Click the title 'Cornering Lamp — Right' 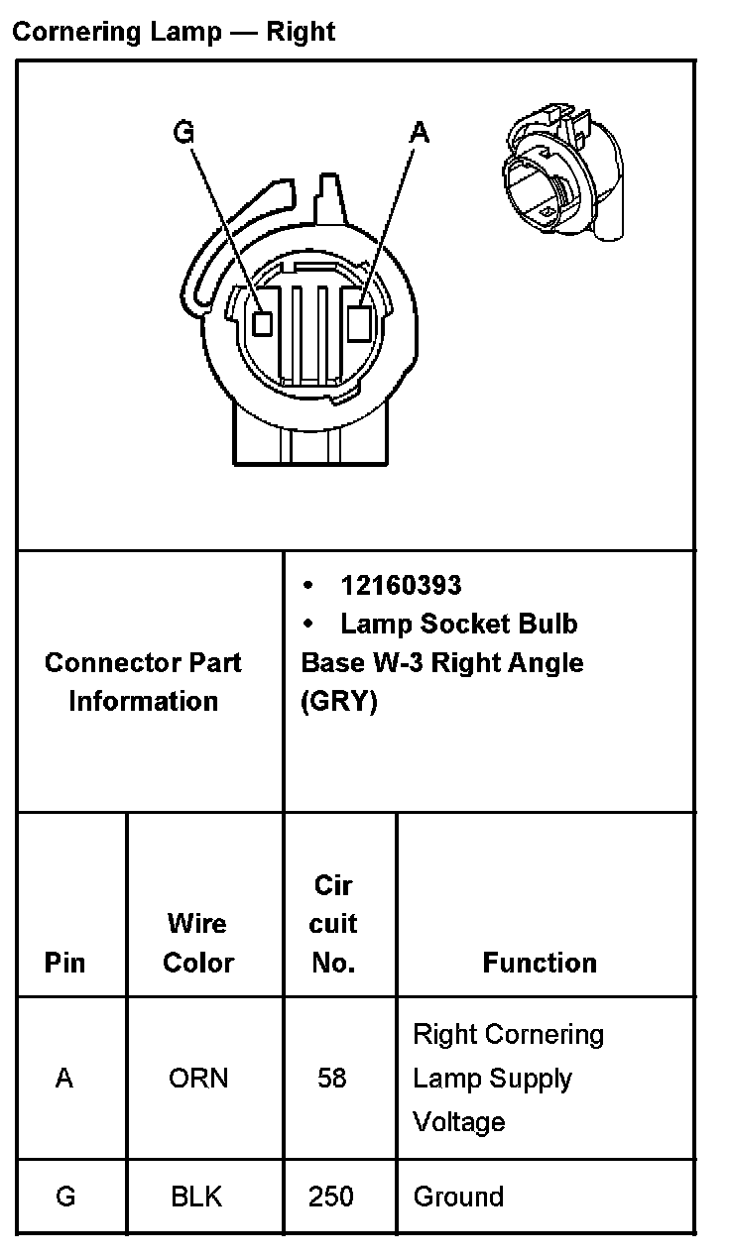(x=174, y=32)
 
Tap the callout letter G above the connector (x=183, y=132)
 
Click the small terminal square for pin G (x=263, y=322)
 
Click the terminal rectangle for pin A (x=361, y=323)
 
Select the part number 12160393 (x=401, y=585)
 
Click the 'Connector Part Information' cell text (x=143, y=682)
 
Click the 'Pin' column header (x=64, y=963)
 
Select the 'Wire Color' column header (x=198, y=943)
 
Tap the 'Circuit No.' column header (x=332, y=924)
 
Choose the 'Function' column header (x=540, y=963)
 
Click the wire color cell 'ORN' (x=198, y=1078)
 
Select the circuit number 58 (x=331, y=1078)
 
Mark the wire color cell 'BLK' (x=197, y=1197)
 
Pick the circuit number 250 (x=330, y=1197)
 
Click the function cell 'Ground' (x=458, y=1197)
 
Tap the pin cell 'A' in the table (x=64, y=1078)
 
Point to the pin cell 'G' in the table (x=65, y=1197)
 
